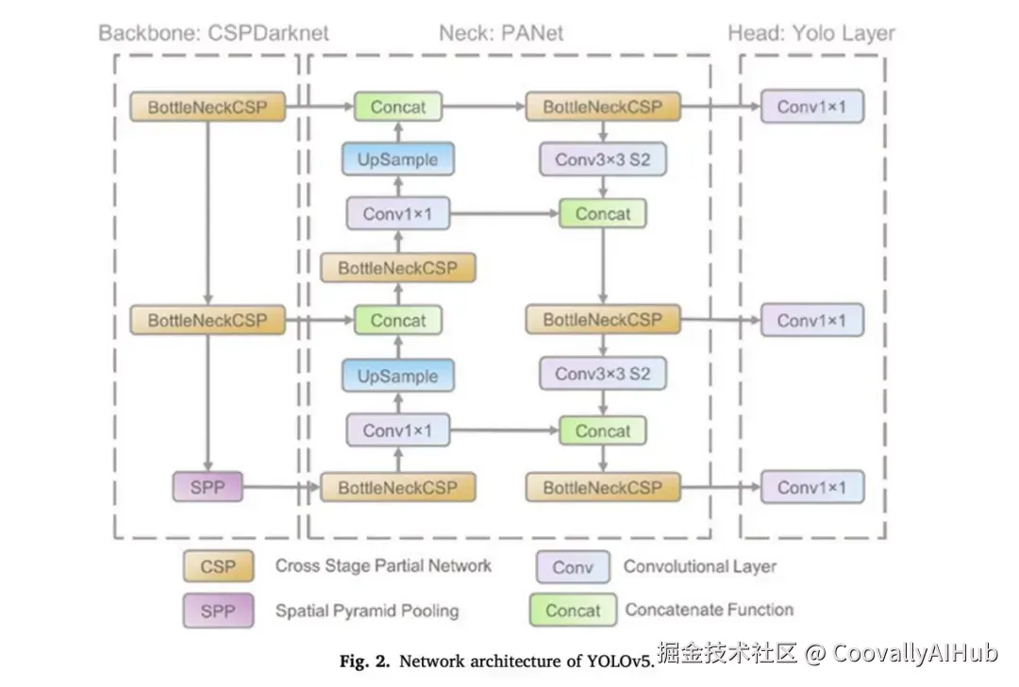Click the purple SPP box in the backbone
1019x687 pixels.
(x=207, y=487)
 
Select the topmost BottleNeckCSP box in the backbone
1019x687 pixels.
(x=207, y=107)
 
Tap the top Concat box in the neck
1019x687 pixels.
(x=397, y=107)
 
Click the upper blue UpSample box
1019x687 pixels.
(x=397, y=159)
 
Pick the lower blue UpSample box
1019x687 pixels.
(x=397, y=376)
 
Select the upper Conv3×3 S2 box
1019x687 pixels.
(x=602, y=159)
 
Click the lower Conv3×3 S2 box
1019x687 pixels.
(x=602, y=374)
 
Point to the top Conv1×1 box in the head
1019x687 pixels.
(x=811, y=107)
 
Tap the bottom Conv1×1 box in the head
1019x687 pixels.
(x=811, y=487)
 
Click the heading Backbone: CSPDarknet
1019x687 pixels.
(x=214, y=33)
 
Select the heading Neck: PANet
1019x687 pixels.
(x=501, y=33)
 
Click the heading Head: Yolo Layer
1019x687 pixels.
(x=810, y=33)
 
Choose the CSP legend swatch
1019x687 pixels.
(x=219, y=567)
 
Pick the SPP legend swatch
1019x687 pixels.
(x=219, y=611)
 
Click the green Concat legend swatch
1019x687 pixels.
(x=573, y=611)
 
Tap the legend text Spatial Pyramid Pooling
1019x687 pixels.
(x=367, y=611)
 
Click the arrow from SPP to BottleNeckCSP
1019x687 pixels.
(x=281, y=488)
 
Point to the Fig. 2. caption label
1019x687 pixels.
(x=366, y=661)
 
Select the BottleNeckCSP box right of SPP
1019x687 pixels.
(x=397, y=488)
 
